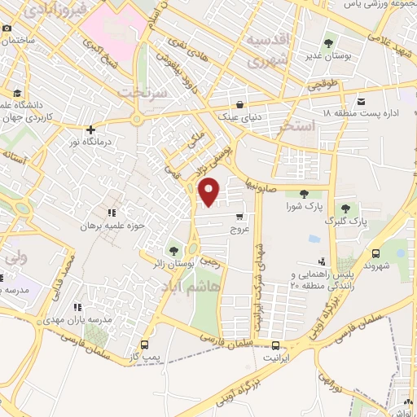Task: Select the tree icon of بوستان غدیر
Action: (x=328, y=43)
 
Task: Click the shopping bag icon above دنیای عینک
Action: (x=239, y=104)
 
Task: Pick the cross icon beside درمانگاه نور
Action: (x=90, y=129)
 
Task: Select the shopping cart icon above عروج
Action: (x=239, y=217)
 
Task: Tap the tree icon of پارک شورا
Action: (x=304, y=193)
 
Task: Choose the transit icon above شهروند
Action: (x=375, y=253)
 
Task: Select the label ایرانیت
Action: (x=277, y=358)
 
